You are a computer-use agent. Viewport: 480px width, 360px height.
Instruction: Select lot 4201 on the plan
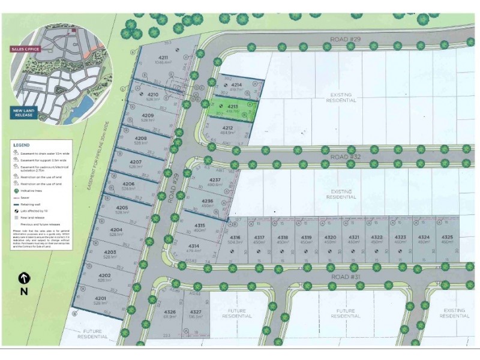(100, 299)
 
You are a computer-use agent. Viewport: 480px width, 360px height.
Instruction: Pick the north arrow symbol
(24, 278)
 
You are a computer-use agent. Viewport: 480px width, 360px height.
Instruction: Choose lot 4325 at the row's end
(447, 238)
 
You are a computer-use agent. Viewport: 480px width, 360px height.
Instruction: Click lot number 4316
(235, 238)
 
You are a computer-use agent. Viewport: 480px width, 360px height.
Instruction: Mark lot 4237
(215, 181)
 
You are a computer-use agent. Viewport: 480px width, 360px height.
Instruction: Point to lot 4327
(196, 313)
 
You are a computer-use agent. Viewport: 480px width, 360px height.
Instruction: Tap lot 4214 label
(236, 85)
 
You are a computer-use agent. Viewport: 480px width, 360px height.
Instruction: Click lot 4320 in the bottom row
(329, 238)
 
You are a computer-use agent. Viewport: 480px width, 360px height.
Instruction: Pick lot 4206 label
(128, 184)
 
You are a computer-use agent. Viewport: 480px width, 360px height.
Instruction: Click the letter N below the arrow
(24, 292)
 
